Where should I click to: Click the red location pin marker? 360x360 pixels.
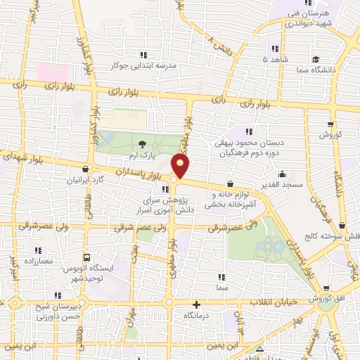click(x=181, y=167)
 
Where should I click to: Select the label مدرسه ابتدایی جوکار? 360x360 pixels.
click(x=143, y=65)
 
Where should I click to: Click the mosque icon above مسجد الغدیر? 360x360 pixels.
click(x=283, y=175)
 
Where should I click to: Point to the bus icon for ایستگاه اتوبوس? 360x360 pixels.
click(x=87, y=257)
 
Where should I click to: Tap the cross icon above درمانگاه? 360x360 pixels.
click(x=196, y=305)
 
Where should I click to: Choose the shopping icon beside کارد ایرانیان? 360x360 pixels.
click(x=86, y=169)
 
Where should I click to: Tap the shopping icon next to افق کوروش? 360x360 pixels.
click(x=327, y=288)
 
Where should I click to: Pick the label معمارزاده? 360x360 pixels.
click(x=37, y=260)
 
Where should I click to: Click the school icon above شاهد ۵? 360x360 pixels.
click(x=274, y=49)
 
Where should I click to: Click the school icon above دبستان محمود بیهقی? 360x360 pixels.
click(x=250, y=131)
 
